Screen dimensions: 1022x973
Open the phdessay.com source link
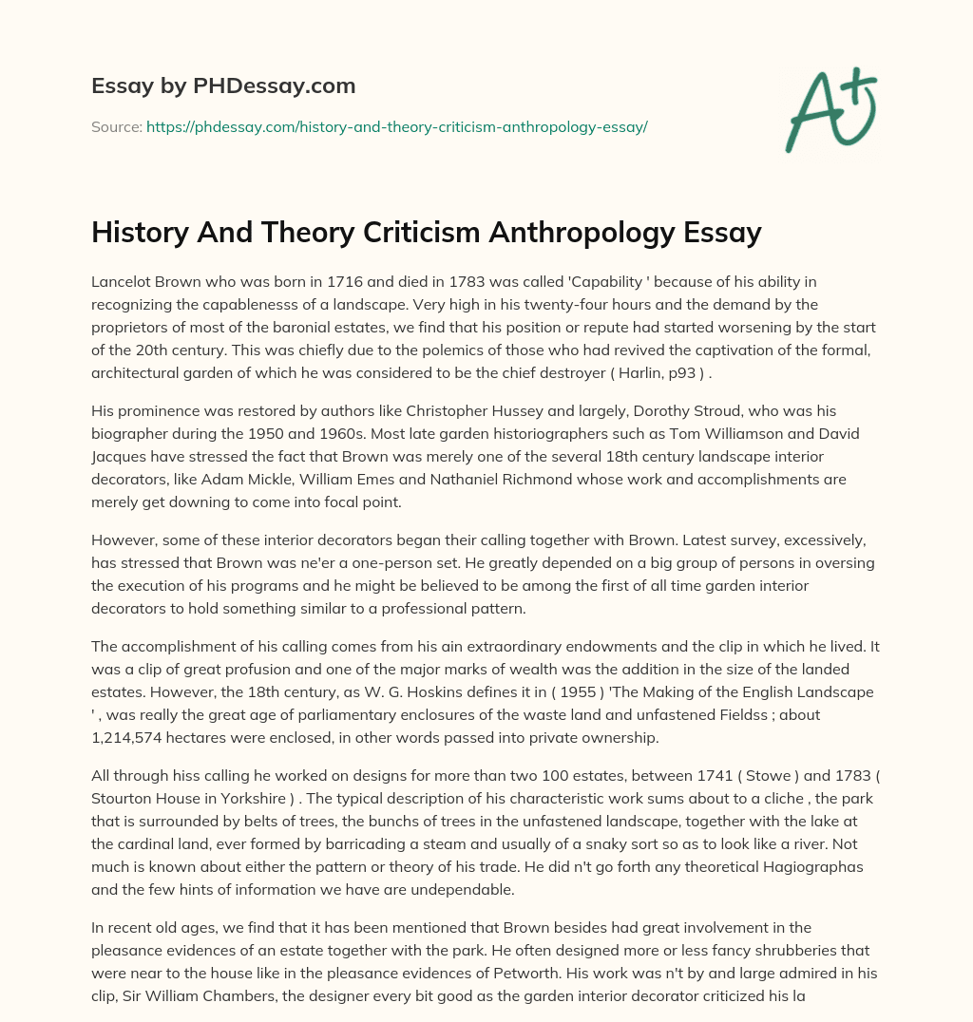coord(396,126)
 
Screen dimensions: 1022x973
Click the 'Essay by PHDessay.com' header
coord(223,86)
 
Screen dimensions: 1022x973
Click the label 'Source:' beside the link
coord(116,126)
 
